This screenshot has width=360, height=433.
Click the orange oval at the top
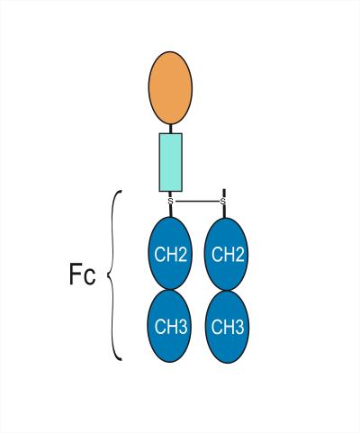point(170,88)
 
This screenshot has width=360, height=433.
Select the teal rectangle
point(170,162)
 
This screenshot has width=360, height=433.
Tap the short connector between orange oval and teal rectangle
point(170,129)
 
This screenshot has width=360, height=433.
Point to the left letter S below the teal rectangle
point(170,201)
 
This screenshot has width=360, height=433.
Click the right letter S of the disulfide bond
point(223,201)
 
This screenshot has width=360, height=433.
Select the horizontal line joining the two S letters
point(197,201)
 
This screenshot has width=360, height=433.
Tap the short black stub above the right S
point(224,194)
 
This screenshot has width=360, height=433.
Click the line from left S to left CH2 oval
point(171,211)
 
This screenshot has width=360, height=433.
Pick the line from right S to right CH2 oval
point(223,211)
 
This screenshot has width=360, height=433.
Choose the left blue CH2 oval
point(170,254)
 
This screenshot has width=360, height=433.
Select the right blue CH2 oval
point(227,254)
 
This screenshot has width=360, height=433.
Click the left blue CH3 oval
point(169,326)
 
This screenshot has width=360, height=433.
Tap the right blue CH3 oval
point(227,327)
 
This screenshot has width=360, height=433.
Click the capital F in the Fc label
point(75,274)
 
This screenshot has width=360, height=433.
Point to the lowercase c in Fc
point(90,277)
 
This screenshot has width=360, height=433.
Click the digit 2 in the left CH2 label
point(181,254)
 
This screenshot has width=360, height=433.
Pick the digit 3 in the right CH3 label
point(238,327)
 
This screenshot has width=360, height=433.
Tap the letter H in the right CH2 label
point(227,255)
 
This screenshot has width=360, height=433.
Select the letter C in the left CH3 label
point(159,326)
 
